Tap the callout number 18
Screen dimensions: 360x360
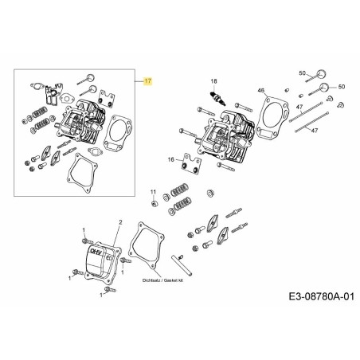(213, 82)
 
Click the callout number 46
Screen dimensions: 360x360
(260, 92)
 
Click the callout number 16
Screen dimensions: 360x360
(170, 161)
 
